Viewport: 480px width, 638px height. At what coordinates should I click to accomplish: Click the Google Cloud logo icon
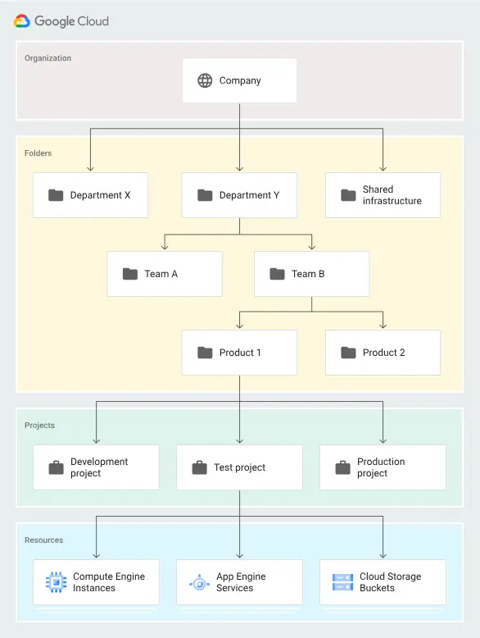click(22, 21)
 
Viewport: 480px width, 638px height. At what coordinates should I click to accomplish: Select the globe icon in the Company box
click(205, 80)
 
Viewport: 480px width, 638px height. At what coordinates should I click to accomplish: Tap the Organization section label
click(48, 58)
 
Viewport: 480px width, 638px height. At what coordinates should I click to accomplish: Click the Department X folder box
click(90, 195)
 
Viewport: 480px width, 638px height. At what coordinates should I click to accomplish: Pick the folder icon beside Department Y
click(205, 195)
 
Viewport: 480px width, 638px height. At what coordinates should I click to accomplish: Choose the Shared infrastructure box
click(383, 195)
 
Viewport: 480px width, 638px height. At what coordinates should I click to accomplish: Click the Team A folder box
click(164, 274)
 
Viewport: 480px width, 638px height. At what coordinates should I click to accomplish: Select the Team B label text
click(308, 274)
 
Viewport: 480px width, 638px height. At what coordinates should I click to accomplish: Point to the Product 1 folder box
click(239, 353)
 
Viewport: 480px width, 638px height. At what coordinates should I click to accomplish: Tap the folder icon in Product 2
click(348, 353)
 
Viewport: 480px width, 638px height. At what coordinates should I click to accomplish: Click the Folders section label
click(38, 153)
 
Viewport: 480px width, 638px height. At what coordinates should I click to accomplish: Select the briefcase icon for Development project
click(56, 467)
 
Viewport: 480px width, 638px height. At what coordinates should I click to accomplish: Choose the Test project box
click(239, 467)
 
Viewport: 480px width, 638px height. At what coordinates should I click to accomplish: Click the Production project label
click(381, 467)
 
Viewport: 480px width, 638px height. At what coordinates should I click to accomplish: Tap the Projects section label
click(39, 426)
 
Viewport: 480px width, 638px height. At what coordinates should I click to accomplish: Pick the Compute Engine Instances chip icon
click(56, 582)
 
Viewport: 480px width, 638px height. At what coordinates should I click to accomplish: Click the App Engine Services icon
click(199, 582)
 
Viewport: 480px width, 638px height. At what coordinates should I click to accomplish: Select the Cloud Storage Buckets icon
click(342, 582)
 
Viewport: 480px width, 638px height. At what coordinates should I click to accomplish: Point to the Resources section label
click(43, 540)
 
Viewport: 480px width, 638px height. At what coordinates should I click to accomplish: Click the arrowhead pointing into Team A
click(165, 247)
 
